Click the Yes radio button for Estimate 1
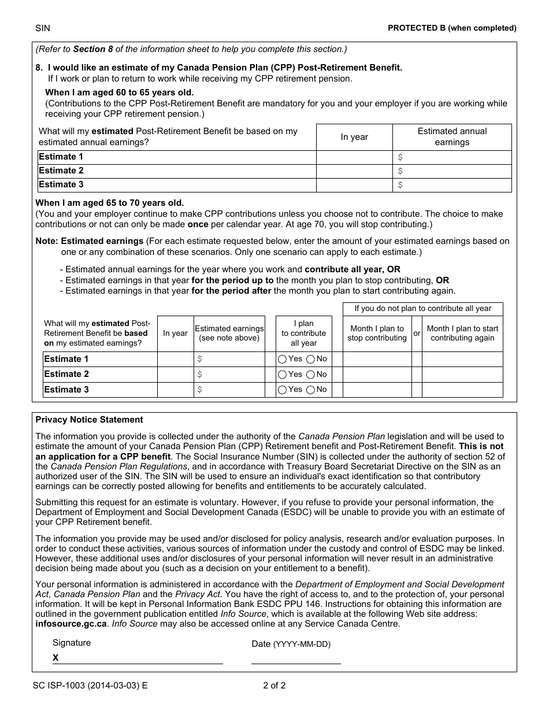[x=282, y=359]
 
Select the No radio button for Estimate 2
[x=310, y=375]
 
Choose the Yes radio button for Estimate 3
[x=282, y=390]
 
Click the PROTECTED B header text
[x=452, y=28]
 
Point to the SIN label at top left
[x=43, y=28]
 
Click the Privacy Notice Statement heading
[x=89, y=420]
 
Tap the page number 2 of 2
[x=274, y=686]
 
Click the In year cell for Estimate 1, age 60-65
[x=354, y=157]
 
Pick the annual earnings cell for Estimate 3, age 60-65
[x=452, y=185]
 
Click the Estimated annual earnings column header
[x=452, y=137]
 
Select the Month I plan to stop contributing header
[x=377, y=334]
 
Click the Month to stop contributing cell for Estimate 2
[x=377, y=375]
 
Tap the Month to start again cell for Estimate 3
[x=462, y=390]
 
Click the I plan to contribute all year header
[x=304, y=334]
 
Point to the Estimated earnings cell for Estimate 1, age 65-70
[x=229, y=359]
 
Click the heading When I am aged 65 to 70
[x=110, y=203]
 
